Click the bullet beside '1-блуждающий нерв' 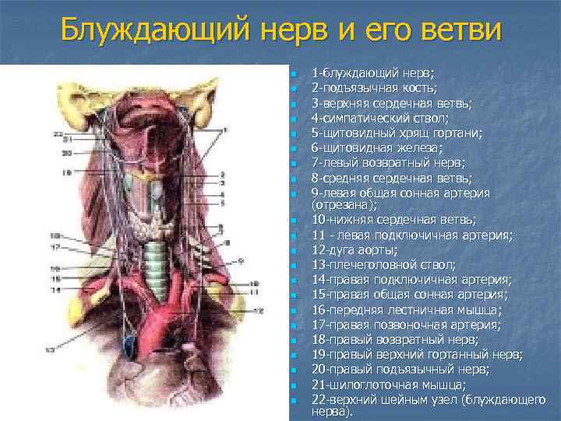point(294,74)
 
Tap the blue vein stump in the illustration point(129,339)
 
